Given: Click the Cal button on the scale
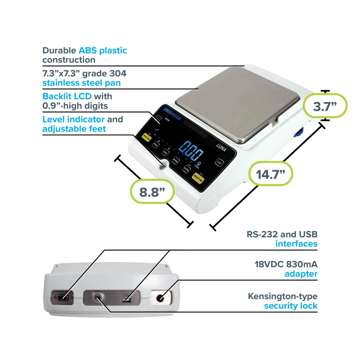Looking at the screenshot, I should pos(219,162).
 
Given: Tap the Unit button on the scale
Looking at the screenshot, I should pos(165,152).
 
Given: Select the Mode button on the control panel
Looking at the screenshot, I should pos(175,160).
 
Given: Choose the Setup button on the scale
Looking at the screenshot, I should pos(186,169).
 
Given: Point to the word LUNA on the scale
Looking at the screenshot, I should pos(221,147).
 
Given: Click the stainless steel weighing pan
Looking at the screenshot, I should pos(237,103).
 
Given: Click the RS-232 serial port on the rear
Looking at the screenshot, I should pos(62,298).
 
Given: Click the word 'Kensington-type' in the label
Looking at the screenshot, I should pos(282,296).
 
